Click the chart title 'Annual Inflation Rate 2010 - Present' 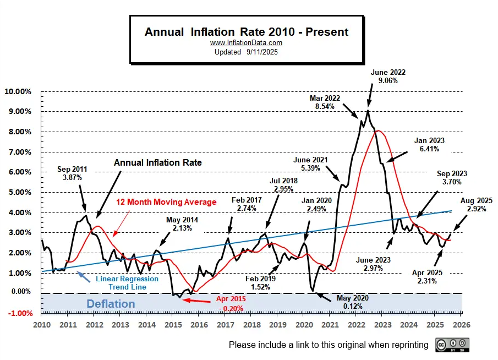[247, 32]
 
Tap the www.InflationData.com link [246, 43]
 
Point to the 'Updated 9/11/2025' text [246, 51]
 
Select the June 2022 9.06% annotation [384, 76]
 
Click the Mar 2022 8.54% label [325, 102]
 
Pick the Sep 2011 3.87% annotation [73, 173]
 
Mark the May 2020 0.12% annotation [353, 302]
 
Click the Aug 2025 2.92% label [477, 205]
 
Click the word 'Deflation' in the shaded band [110, 304]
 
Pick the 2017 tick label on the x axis [225, 325]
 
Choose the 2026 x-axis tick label [461, 325]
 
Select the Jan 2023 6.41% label [429, 145]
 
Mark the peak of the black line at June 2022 [368, 111]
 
